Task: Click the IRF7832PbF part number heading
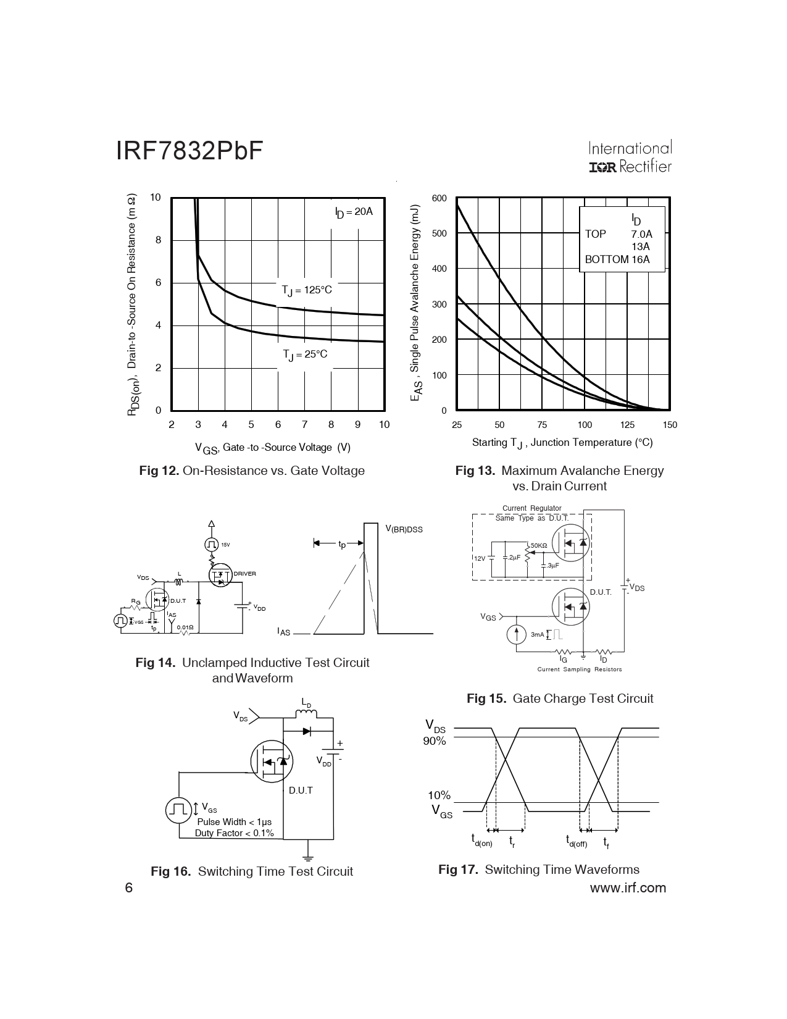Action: click(x=189, y=151)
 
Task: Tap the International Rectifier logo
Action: click(x=630, y=157)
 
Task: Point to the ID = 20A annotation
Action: click(x=354, y=212)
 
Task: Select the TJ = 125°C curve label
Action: click(x=307, y=291)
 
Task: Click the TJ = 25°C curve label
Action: click(x=305, y=355)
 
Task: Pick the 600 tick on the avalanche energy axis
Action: click(x=439, y=198)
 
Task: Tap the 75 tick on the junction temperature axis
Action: click(x=542, y=425)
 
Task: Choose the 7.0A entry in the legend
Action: click(x=642, y=234)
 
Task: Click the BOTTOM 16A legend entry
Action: click(x=617, y=259)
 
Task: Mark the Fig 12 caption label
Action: click(x=159, y=471)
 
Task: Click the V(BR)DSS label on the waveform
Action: click(x=404, y=529)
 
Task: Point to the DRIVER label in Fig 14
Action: click(x=244, y=574)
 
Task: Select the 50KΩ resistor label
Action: click(x=539, y=546)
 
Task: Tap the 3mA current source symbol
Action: click(x=517, y=634)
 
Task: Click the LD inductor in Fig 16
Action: click(x=306, y=713)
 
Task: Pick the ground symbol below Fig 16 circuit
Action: click(x=307, y=857)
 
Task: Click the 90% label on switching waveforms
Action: click(x=435, y=741)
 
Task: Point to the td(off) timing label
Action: click(x=576, y=841)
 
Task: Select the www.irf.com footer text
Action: click(x=628, y=887)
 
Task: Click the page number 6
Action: click(x=129, y=887)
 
